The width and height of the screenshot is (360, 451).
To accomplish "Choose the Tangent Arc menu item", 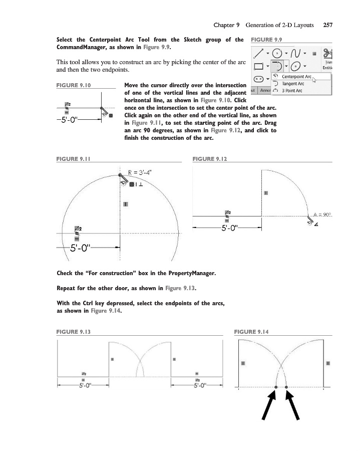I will tap(290, 84).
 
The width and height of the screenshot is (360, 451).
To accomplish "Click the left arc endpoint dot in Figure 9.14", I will tap(276, 387).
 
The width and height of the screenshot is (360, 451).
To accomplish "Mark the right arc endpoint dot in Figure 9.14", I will tap(286, 387).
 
